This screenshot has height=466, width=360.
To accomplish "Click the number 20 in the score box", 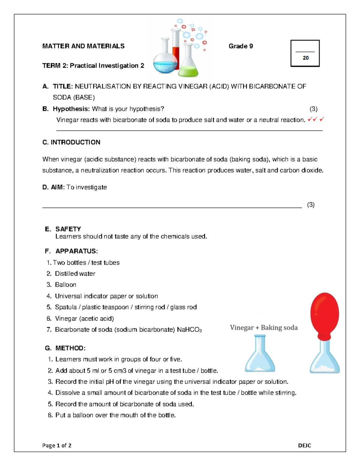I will [305, 58].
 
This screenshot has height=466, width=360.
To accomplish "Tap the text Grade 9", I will [241, 46].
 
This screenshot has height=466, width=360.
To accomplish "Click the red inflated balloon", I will [325, 314].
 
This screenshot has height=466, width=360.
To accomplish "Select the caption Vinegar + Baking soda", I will [264, 328].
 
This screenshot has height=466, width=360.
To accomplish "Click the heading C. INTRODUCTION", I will [71, 142].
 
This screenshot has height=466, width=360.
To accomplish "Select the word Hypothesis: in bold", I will [71, 109].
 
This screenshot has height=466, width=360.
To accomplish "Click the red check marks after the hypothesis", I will [316, 120].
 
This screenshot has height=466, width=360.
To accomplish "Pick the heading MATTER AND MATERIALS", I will [83, 46].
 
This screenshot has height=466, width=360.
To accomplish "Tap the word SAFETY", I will [68, 229].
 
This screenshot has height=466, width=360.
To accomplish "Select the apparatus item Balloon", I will [65, 285].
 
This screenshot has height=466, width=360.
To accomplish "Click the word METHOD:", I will [70, 348].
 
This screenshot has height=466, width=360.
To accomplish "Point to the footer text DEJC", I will [304, 446].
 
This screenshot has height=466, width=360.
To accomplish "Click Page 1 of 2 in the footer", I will [57, 446].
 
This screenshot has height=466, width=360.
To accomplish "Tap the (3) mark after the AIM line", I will [310, 205].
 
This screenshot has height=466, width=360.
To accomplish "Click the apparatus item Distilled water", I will [75, 274].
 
